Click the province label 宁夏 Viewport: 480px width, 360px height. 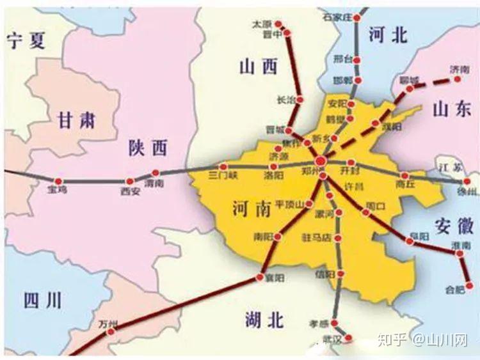pyautogui.click(x=28, y=42)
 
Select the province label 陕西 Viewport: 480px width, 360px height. pyautogui.click(x=148, y=149)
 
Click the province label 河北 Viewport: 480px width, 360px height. pyautogui.click(x=388, y=36)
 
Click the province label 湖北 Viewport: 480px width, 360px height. pyautogui.click(x=264, y=320)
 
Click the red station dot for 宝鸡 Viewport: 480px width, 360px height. pyautogui.click(x=59, y=182)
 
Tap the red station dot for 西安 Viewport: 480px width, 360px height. pyautogui.click(x=130, y=182)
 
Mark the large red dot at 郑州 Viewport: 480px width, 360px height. pyautogui.click(x=320, y=160)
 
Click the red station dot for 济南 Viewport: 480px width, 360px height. pyautogui.click(x=458, y=79)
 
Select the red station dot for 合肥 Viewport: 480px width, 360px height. pyautogui.click(x=471, y=286)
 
